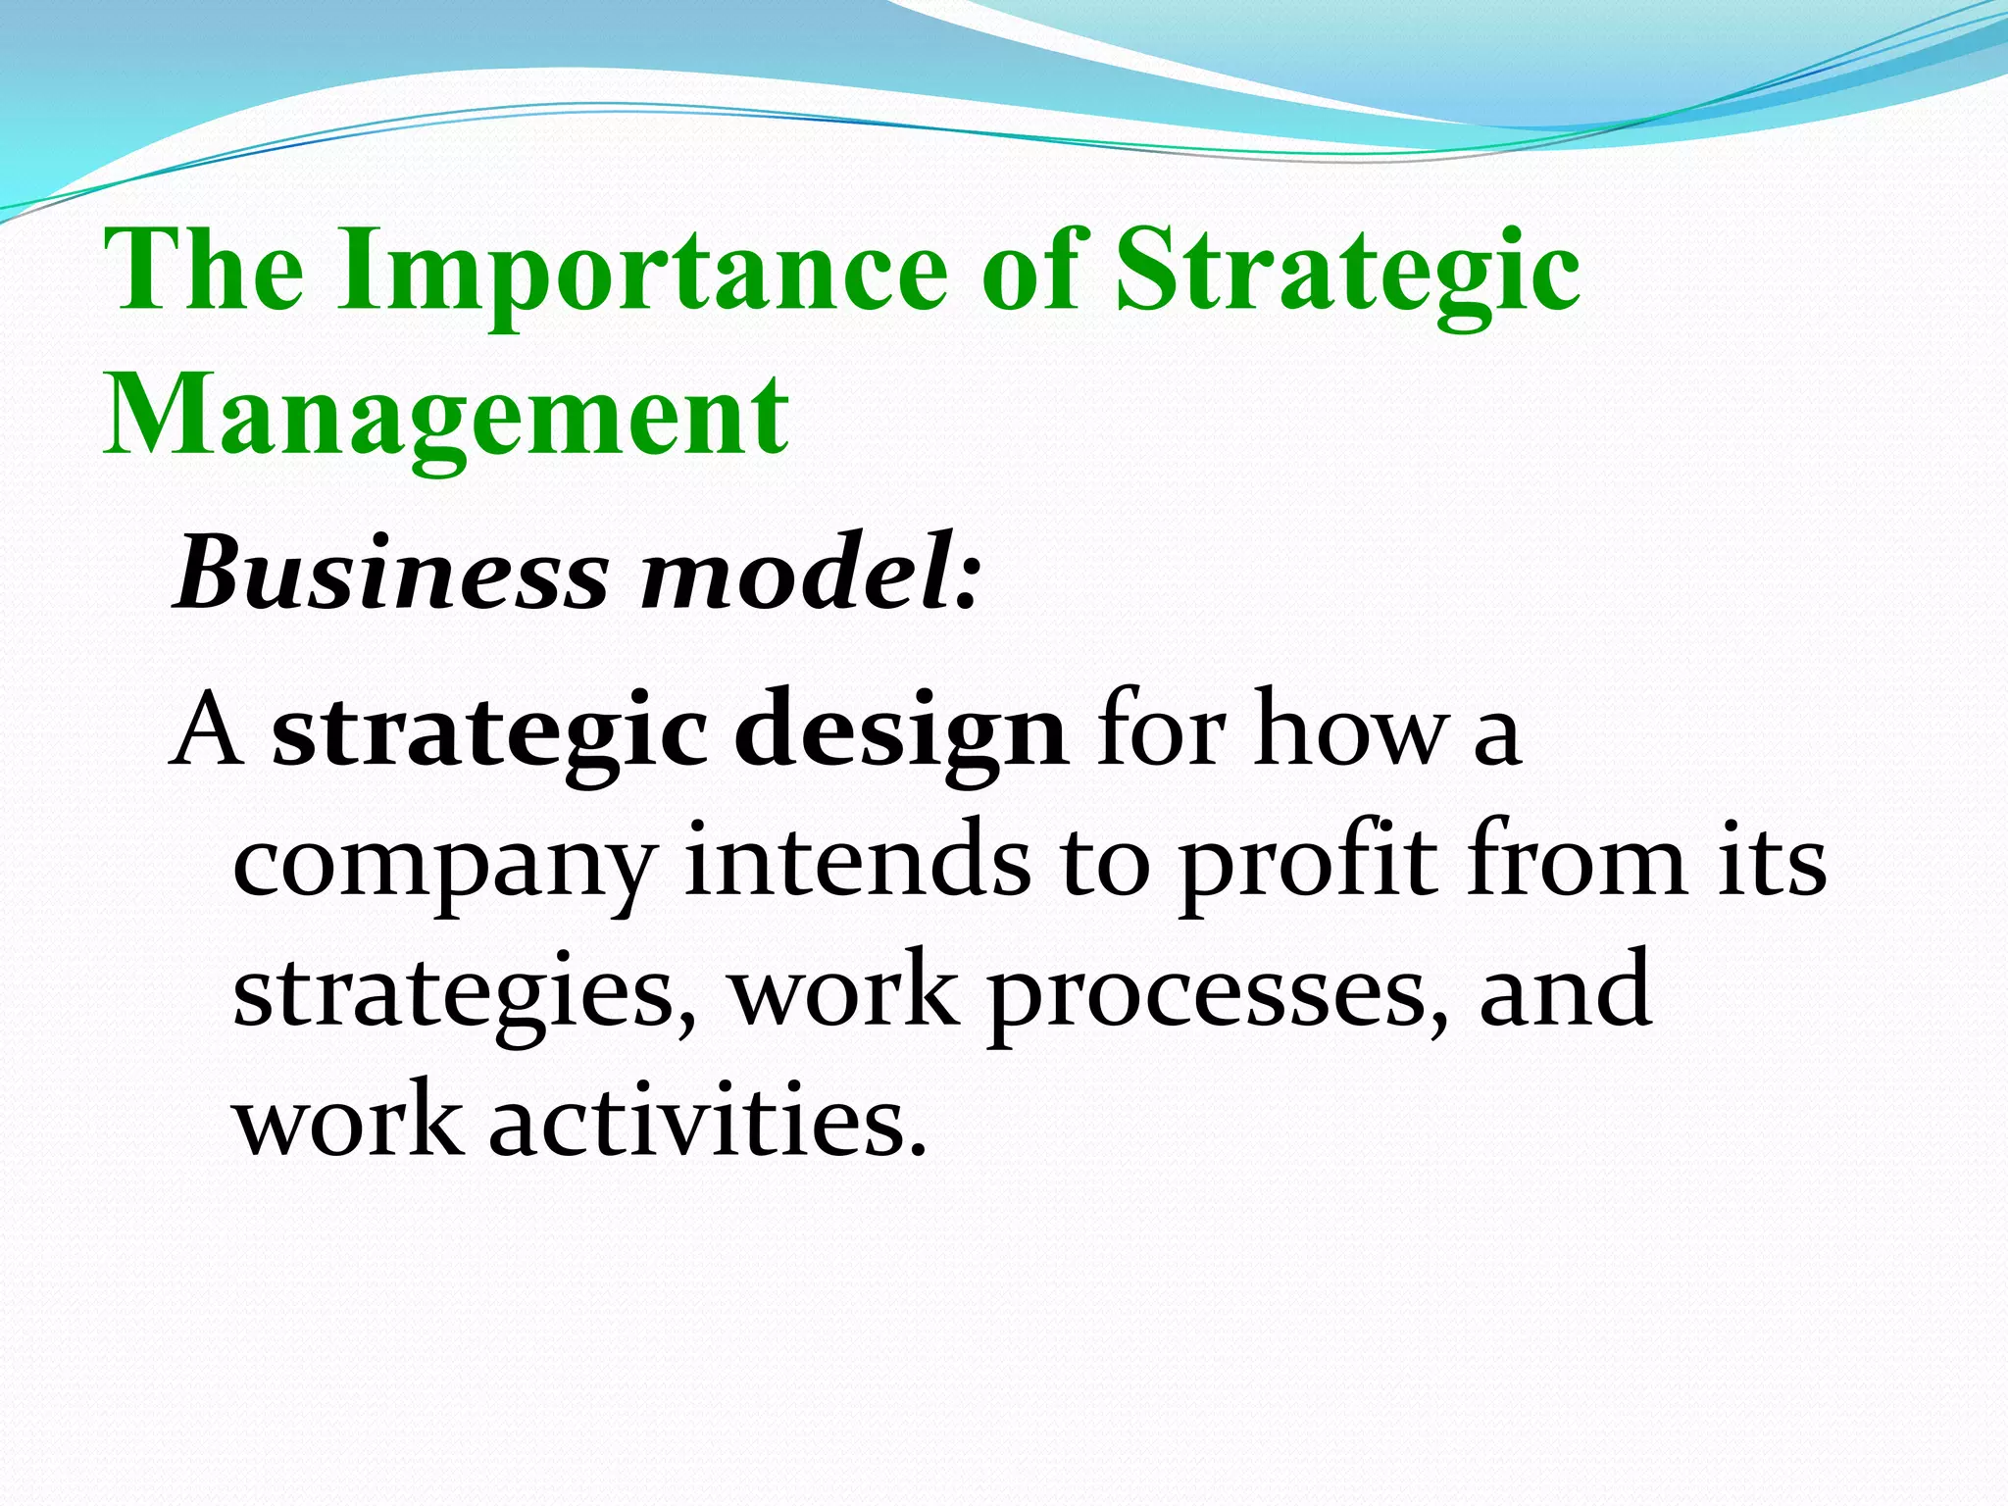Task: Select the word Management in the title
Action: coord(446,416)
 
